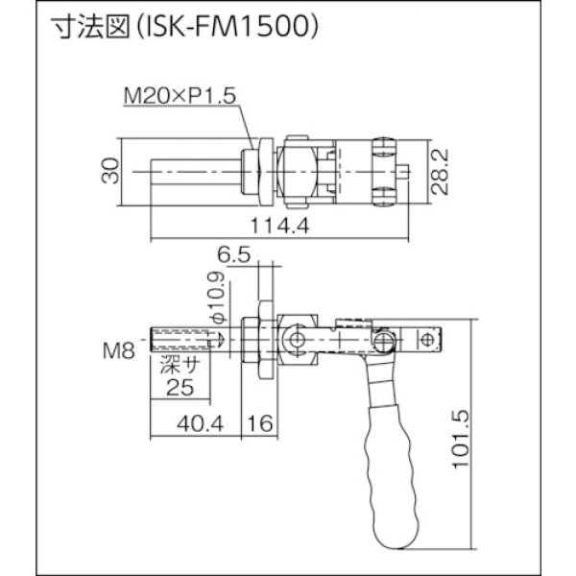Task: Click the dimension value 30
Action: (114, 174)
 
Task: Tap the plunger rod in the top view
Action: (196, 174)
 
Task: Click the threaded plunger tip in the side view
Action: (182, 341)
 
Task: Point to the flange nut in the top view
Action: (256, 174)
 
